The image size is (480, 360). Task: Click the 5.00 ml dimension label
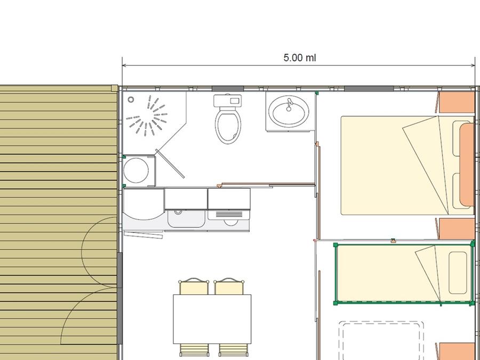tap(299, 58)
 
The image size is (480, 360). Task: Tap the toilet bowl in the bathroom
tap(228, 126)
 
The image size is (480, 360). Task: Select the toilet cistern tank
tap(228, 100)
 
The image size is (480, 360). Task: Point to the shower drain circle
tap(131, 100)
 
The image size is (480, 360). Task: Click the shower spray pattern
tap(147, 116)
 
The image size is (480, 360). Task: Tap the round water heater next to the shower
tap(136, 171)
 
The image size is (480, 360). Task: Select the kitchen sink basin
tap(186, 219)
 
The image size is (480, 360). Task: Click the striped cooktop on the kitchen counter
tap(229, 214)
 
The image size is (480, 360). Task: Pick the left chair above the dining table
tap(194, 286)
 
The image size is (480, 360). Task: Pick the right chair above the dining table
tap(229, 286)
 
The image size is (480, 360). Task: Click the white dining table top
tap(212, 319)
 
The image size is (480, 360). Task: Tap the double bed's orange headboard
tap(467, 164)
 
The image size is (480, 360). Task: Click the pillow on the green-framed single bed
tap(458, 273)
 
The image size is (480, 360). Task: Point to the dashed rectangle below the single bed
tap(382, 340)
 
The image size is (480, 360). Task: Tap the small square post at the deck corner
tap(114, 89)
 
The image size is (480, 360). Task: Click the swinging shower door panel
tap(170, 164)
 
